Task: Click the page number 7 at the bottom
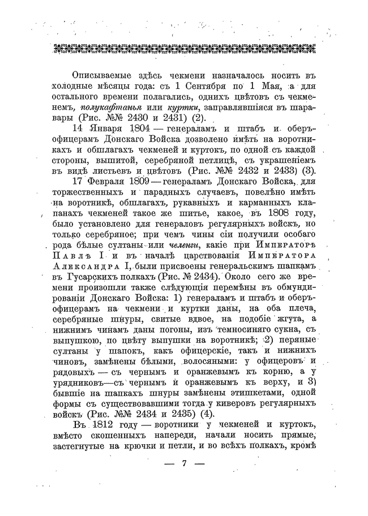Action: coord(184,464)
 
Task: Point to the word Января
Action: coord(102,128)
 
